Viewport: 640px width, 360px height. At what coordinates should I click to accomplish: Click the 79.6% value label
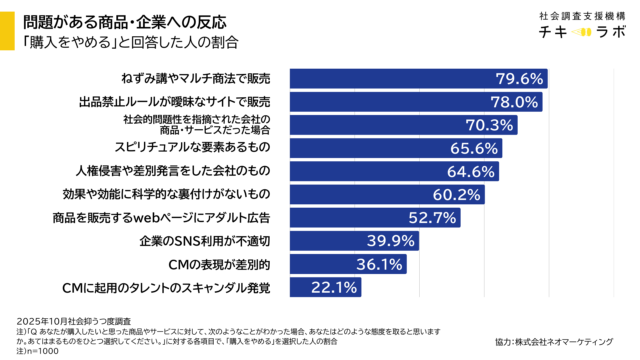click(518, 78)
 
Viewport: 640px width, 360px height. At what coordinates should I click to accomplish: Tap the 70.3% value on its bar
click(489, 125)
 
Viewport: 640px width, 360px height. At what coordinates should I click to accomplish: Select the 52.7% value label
click(433, 217)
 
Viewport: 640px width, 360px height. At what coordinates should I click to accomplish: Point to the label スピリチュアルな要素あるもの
click(199, 148)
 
